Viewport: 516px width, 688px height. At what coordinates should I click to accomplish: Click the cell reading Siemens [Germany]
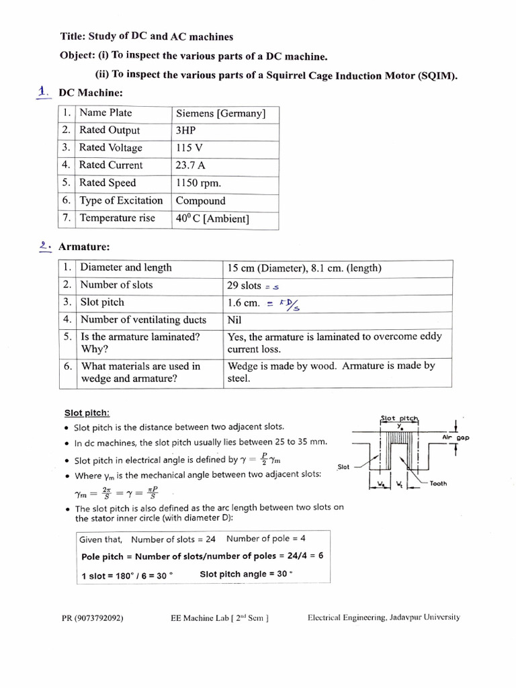click(220, 114)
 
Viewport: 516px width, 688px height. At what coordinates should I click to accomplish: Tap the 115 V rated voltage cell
click(189, 148)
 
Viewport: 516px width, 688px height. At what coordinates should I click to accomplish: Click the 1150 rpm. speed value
click(198, 183)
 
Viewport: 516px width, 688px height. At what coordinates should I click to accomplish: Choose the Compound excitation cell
click(200, 201)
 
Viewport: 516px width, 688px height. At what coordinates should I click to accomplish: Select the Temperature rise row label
click(117, 218)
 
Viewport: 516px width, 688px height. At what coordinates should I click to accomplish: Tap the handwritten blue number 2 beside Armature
click(45, 247)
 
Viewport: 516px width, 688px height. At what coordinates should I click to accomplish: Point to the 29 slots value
click(244, 286)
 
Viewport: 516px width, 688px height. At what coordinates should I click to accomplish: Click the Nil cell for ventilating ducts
click(234, 320)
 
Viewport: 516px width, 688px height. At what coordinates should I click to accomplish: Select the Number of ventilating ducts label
click(143, 320)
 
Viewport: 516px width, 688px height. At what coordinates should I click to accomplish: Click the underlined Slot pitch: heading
click(87, 413)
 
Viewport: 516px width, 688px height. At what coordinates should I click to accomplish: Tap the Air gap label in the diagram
click(456, 437)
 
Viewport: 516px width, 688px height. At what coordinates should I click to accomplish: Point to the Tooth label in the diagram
click(438, 483)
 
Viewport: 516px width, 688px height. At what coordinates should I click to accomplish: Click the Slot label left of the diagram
click(343, 466)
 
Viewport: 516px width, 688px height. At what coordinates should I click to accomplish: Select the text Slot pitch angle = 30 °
click(247, 574)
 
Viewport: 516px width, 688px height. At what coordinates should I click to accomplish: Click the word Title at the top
click(75, 36)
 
